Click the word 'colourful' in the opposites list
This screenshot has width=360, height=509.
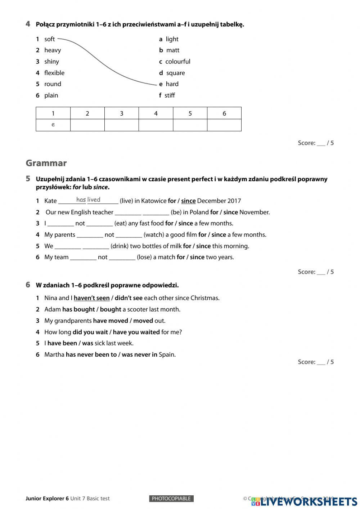click(178, 62)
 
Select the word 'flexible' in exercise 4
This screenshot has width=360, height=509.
click(54, 73)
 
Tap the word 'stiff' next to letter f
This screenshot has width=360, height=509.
click(170, 95)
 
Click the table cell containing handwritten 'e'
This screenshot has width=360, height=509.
click(53, 125)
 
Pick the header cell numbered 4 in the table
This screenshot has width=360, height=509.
click(156, 113)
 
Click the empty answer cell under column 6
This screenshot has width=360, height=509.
click(224, 125)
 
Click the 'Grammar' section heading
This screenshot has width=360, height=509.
click(46, 163)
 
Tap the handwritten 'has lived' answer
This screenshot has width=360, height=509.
click(88, 200)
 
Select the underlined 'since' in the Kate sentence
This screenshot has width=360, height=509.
click(188, 201)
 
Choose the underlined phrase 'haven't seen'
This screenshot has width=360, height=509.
click(92, 298)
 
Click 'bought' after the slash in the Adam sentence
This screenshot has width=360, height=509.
click(111, 309)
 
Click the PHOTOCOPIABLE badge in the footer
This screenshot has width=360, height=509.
click(171, 499)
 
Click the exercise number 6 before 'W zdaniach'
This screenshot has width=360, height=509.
click(28, 285)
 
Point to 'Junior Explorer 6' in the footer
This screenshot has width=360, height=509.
click(47, 499)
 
